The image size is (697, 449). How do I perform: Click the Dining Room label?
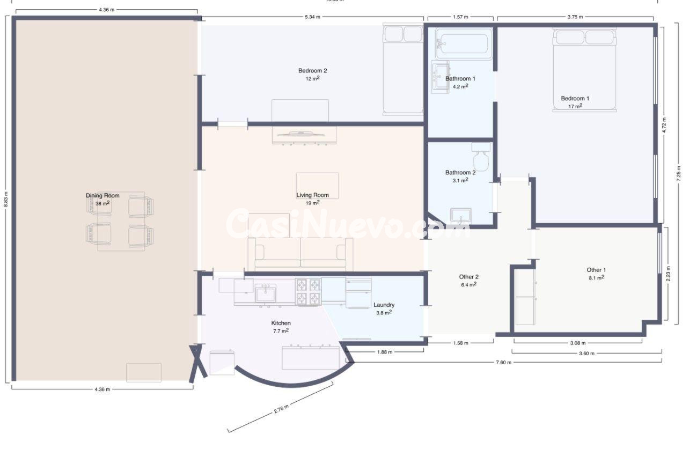click(102, 195)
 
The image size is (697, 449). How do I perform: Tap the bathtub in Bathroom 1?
click(464, 43)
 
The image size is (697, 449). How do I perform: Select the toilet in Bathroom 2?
click(481, 158)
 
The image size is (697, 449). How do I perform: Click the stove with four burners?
click(309, 292)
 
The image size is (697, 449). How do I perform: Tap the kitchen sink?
click(266, 293)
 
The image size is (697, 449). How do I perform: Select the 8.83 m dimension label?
click(6, 200)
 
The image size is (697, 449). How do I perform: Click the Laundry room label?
click(384, 305)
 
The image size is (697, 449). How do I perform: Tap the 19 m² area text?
click(312, 203)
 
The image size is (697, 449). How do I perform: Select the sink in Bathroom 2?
click(460, 216)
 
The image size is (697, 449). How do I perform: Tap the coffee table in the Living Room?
click(318, 185)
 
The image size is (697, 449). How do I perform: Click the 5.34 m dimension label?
click(312, 17)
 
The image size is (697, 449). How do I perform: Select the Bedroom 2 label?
click(312, 70)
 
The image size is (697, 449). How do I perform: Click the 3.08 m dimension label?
click(577, 343)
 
